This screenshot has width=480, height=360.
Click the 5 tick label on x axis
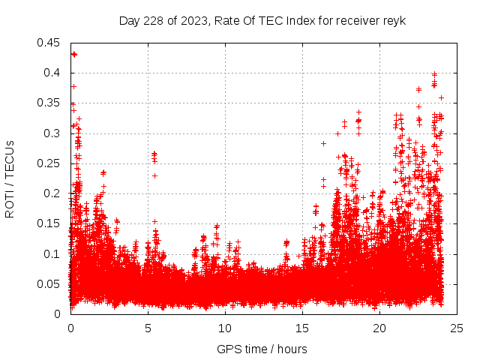tap(148, 328)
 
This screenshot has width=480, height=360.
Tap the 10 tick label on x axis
tap(225, 328)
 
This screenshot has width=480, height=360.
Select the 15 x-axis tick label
tap(302, 328)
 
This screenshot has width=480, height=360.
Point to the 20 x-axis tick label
tap(379, 328)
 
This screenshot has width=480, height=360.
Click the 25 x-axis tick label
tap(457, 328)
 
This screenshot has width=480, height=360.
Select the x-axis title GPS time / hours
tap(262, 349)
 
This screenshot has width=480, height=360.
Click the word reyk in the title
tap(394, 20)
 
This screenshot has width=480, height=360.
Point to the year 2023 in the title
tap(190, 20)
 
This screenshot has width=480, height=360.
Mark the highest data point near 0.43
tap(73, 54)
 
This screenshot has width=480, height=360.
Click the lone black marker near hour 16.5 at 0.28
tap(324, 143)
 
